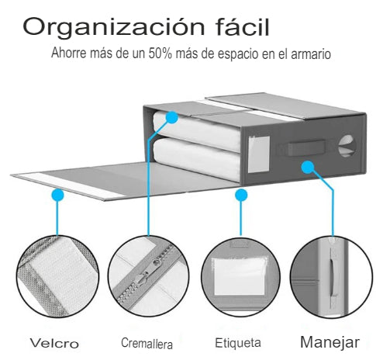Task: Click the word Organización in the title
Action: [113, 27]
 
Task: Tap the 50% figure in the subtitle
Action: [160, 54]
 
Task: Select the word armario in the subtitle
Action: [311, 54]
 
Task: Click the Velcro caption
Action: [54, 343]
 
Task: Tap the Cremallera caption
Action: [147, 343]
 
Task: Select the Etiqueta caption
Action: [238, 343]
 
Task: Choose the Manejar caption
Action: [330, 343]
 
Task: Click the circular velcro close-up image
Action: [57, 276]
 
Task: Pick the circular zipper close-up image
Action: [148, 276]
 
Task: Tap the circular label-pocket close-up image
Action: [240, 277]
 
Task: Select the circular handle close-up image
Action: [331, 277]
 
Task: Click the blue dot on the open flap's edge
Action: [58, 195]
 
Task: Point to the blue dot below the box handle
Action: [308, 167]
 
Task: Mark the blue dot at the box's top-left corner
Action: [172, 118]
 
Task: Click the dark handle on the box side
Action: [306, 148]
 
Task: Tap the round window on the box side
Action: [347, 146]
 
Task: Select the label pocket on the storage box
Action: [259, 154]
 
